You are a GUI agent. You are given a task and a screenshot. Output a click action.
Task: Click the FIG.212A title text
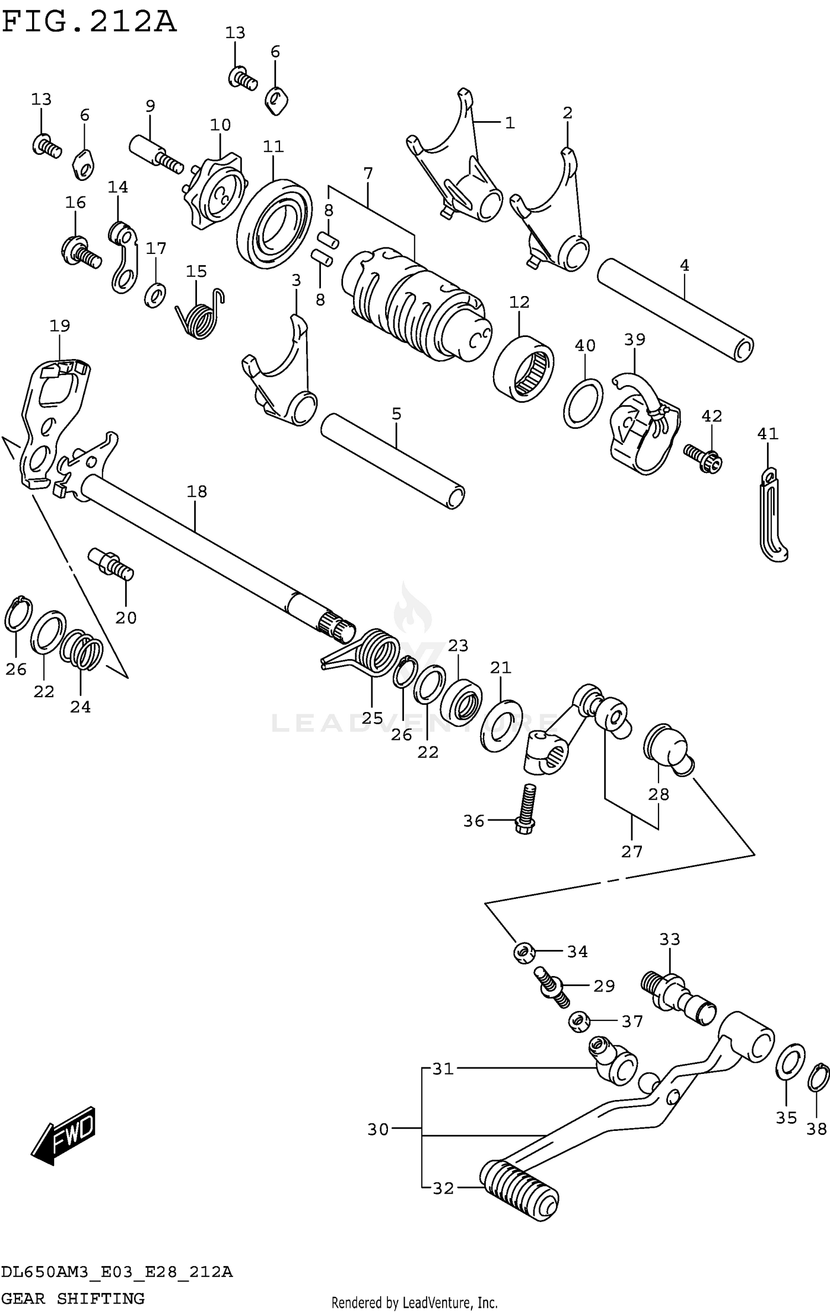(x=89, y=22)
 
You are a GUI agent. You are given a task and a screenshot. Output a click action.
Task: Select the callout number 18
(x=196, y=491)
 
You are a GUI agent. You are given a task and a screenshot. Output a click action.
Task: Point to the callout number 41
(x=767, y=433)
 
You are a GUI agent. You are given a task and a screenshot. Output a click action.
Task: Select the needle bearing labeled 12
(x=523, y=367)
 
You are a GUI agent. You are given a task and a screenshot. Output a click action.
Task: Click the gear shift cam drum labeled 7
(x=415, y=304)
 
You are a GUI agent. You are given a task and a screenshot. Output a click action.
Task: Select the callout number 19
(x=60, y=325)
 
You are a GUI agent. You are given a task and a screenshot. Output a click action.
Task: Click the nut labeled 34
(x=523, y=952)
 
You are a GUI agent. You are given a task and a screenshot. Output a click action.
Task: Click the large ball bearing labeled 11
(x=274, y=221)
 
